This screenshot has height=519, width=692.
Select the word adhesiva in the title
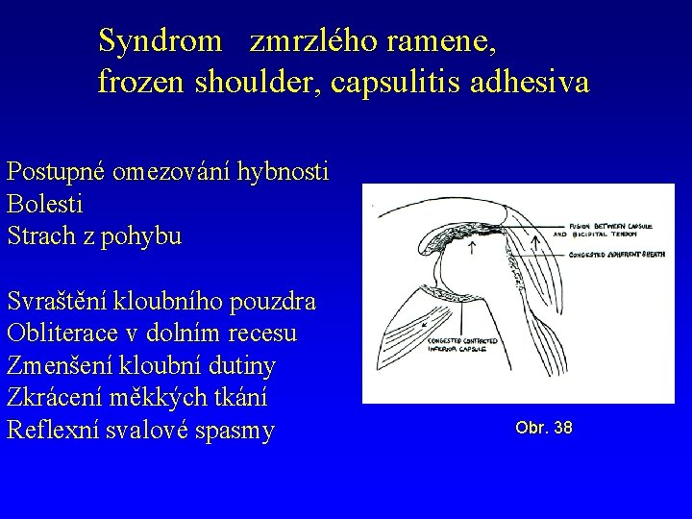531,83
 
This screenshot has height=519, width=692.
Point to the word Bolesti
44,205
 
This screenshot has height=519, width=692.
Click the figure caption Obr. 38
544,427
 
